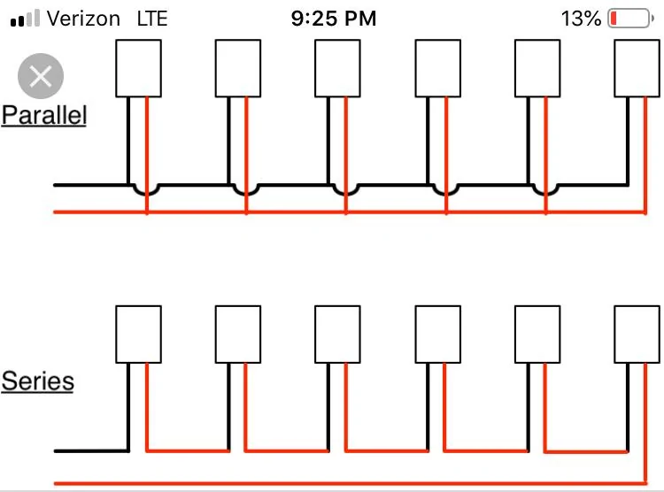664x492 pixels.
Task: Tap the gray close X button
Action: pyautogui.click(x=41, y=76)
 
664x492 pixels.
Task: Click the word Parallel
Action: pyautogui.click(x=44, y=115)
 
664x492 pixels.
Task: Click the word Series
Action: pyautogui.click(x=38, y=381)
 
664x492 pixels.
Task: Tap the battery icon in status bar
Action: pyautogui.click(x=630, y=19)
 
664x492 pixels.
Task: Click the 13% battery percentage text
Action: pyautogui.click(x=581, y=19)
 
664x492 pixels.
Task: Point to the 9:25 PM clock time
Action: pyautogui.click(x=334, y=19)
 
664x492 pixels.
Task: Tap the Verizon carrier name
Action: pyautogui.click(x=83, y=19)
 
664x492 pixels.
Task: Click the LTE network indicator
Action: pyautogui.click(x=152, y=19)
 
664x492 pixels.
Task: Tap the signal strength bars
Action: pyautogui.click(x=25, y=19)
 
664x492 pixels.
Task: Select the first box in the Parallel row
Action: pyautogui.click(x=138, y=68)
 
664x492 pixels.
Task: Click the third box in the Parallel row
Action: pyautogui.click(x=337, y=68)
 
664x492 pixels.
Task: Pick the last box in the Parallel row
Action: pyautogui.click(x=637, y=68)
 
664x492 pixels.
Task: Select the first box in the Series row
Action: pyautogui.click(x=138, y=334)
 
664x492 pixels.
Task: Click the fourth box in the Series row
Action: pyautogui.click(x=438, y=334)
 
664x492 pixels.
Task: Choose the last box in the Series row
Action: pyautogui.click(x=637, y=334)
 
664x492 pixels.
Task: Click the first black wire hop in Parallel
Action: pyautogui.click(x=146, y=194)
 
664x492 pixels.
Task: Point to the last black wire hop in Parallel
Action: pyautogui.click(x=545, y=194)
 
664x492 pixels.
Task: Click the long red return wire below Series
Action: pyautogui.click(x=351, y=483)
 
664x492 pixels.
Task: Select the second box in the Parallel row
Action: pyautogui.click(x=238, y=68)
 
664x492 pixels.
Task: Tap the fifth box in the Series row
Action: pyautogui.click(x=537, y=334)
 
